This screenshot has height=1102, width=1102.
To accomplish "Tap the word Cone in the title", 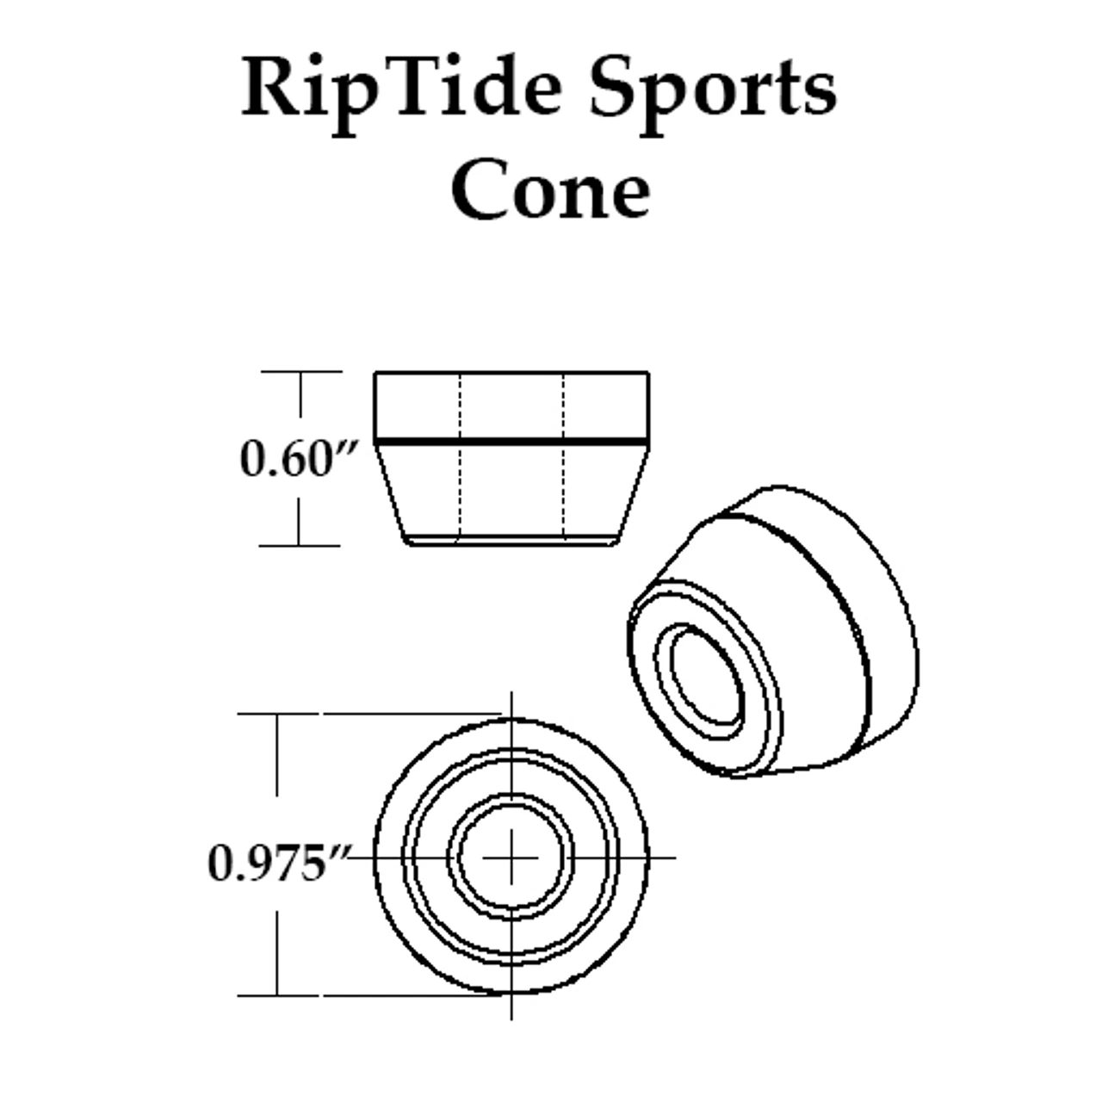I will click(x=550, y=191).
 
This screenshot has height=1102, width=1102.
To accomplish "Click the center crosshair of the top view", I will click(x=511, y=857).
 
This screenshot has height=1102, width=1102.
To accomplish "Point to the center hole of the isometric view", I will click(x=709, y=673).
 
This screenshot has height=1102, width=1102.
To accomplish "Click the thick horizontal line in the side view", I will click(x=511, y=442).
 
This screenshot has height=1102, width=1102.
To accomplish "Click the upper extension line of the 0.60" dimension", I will click(x=301, y=372).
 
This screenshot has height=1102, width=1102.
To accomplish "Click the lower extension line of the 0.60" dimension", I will click(x=301, y=545).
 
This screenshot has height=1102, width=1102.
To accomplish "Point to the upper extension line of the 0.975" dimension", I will click(x=370, y=714).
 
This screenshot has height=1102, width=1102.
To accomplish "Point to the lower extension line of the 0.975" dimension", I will click(x=370, y=995).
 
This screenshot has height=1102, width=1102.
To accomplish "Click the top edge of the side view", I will click(x=511, y=372).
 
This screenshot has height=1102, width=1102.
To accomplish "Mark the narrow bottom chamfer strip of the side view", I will click(x=511, y=541).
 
